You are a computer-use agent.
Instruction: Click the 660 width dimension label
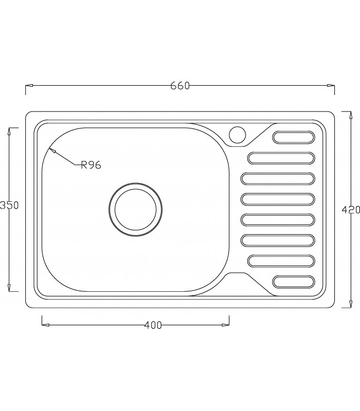180,86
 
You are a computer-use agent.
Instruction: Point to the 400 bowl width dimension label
153,325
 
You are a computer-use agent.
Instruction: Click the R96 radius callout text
90,165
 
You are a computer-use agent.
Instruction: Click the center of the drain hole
136,210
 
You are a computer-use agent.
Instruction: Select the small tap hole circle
238,134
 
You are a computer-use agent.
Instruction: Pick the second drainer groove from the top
281,158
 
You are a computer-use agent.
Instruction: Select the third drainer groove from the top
278,178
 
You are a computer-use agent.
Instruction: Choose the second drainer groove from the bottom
281,261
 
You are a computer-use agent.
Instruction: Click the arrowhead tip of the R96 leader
50,149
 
